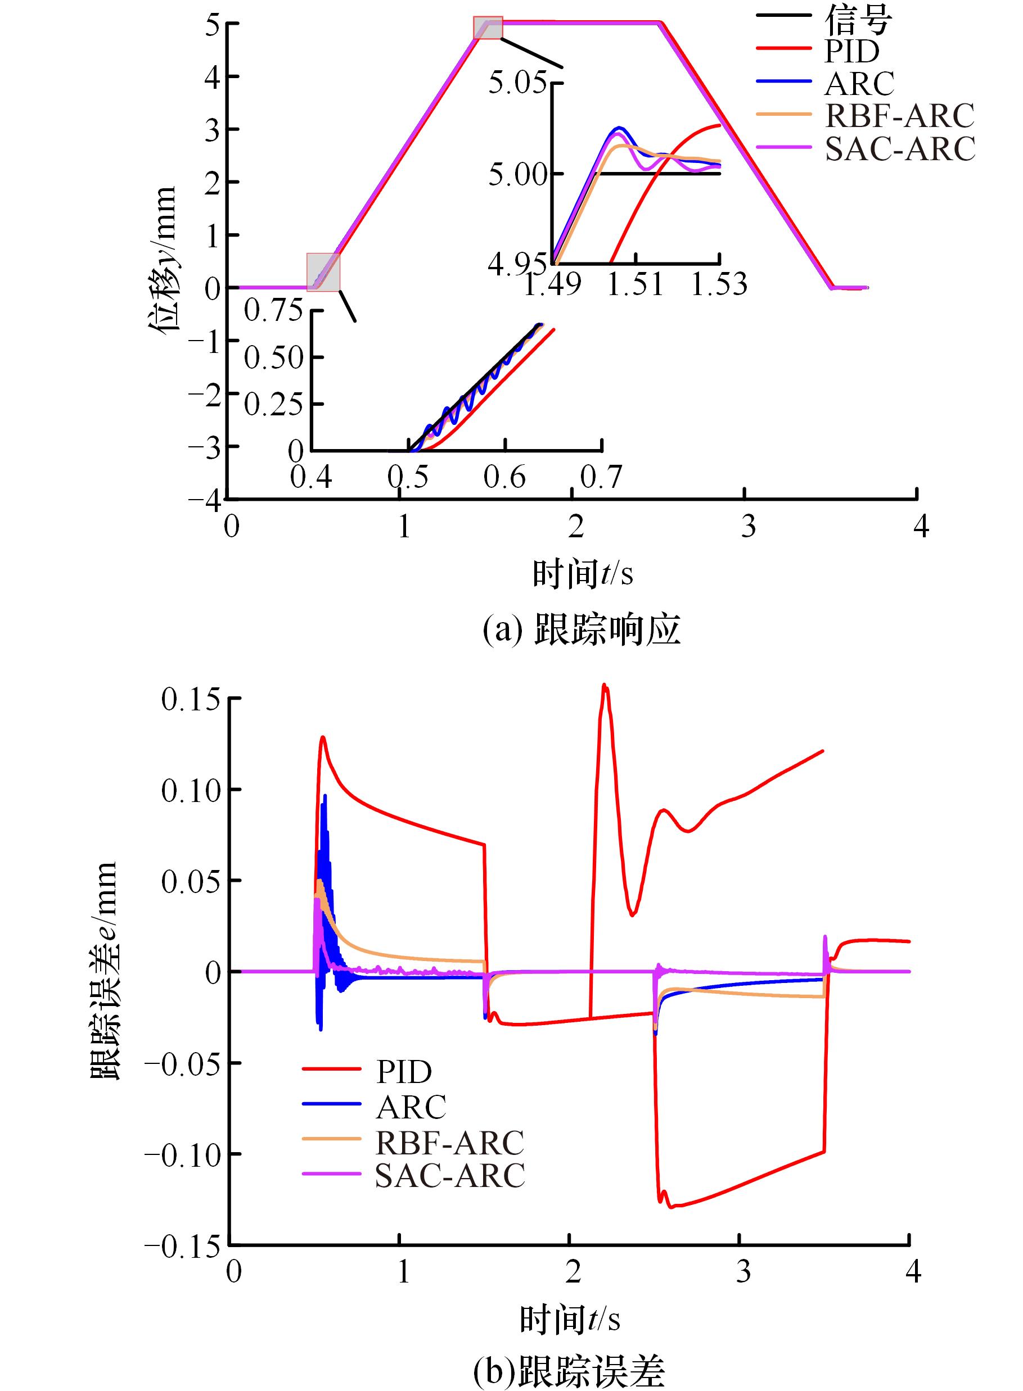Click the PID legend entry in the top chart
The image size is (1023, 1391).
pos(851,51)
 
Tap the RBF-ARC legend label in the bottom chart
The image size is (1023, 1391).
pos(449,1142)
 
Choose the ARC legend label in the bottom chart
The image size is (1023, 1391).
pos(411,1107)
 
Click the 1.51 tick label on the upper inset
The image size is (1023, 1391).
pos(636,284)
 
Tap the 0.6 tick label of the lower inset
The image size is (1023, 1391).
pos(504,477)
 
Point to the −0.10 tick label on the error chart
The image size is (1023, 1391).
pos(182,1154)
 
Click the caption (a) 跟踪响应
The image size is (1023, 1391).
pos(582,630)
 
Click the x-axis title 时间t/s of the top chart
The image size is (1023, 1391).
pos(583,574)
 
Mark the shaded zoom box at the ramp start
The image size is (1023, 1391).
pos(323,271)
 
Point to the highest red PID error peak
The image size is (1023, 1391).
pos(605,686)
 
